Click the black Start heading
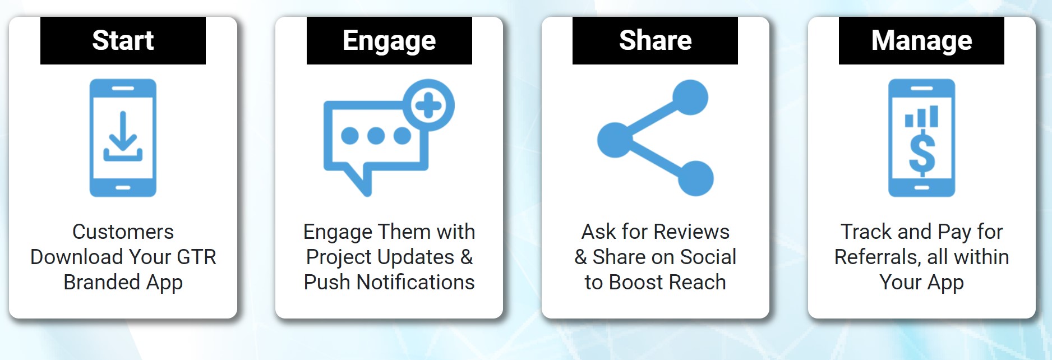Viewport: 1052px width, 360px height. click(x=123, y=40)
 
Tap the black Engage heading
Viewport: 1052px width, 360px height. click(x=389, y=40)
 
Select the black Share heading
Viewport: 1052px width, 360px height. click(x=655, y=40)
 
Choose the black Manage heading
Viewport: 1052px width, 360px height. click(x=921, y=40)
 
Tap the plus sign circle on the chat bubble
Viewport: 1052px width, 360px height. click(x=429, y=105)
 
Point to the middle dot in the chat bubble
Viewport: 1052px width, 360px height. click(x=376, y=136)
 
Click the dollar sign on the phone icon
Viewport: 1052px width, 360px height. click(x=922, y=153)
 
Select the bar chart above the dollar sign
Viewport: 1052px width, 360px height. click(x=921, y=116)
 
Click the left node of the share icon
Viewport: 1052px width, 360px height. click(x=615, y=139)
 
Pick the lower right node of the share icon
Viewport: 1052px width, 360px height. click(x=695, y=178)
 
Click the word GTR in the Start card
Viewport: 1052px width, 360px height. click(x=196, y=257)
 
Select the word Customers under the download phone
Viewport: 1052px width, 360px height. click(x=123, y=232)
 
